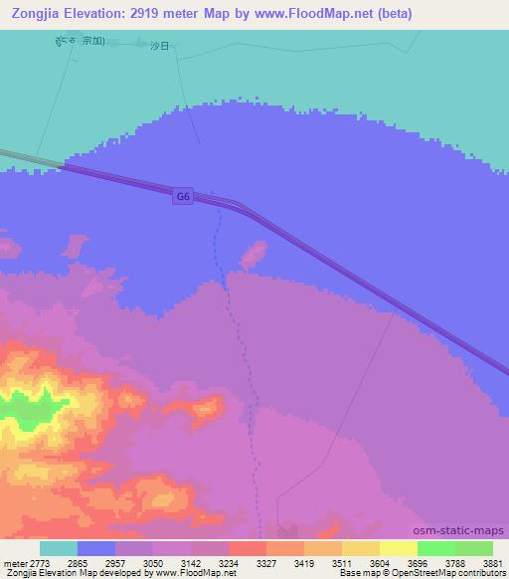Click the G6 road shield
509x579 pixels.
pos(182,197)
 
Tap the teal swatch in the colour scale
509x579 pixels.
pos(59,548)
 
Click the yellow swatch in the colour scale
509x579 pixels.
pos(398,548)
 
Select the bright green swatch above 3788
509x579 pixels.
pos(435,548)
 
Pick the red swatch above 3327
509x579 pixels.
pos(247,548)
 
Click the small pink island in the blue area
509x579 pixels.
pos(254,254)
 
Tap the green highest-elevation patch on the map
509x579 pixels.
pos(22,410)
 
